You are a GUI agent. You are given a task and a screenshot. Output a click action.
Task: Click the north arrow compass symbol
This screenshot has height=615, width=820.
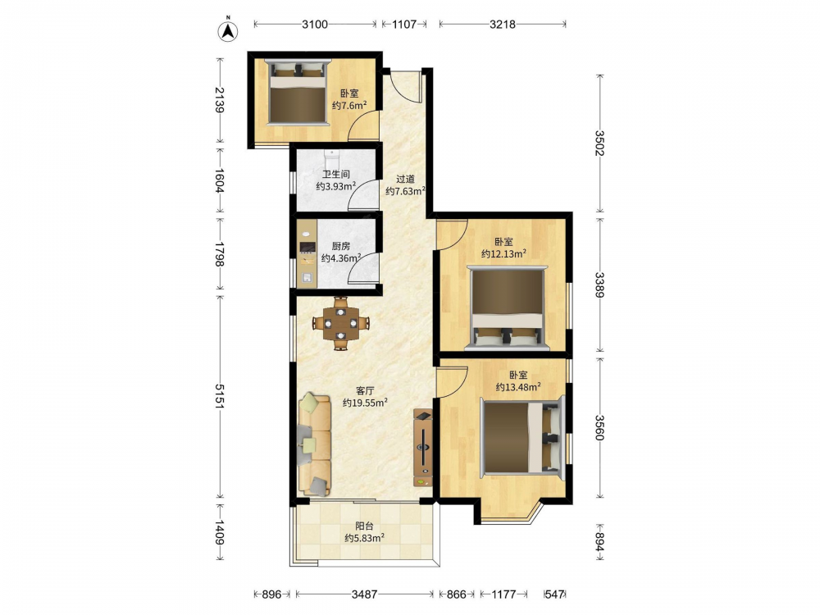(x=227, y=30)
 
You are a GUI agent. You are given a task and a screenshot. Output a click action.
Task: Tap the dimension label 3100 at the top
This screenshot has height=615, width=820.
(x=315, y=24)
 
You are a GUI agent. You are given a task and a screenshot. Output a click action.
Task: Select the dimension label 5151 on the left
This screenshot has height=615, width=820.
(x=220, y=396)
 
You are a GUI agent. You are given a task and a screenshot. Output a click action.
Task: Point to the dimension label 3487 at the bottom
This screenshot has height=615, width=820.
(x=365, y=594)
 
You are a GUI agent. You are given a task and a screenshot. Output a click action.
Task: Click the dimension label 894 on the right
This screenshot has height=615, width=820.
(x=599, y=542)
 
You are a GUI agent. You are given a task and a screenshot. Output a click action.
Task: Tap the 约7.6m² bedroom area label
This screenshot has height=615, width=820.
(x=349, y=106)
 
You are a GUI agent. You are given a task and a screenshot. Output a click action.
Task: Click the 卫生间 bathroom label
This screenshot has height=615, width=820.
(x=335, y=174)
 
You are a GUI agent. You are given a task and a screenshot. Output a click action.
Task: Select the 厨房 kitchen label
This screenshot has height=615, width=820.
(x=341, y=246)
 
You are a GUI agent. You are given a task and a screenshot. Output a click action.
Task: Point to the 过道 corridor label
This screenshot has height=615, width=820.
(x=405, y=179)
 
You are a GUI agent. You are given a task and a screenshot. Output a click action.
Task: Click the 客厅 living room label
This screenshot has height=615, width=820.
(x=365, y=390)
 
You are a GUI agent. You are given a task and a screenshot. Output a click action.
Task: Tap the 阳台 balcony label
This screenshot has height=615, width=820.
(x=365, y=526)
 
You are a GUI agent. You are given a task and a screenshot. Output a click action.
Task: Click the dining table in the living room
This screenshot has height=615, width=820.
(x=340, y=323)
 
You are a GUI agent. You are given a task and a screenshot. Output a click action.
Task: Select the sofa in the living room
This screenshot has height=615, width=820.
(x=316, y=445)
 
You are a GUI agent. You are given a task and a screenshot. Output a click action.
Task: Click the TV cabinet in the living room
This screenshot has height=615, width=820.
(x=423, y=449)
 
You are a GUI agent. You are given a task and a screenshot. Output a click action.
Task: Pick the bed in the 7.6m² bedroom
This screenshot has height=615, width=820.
(x=297, y=92)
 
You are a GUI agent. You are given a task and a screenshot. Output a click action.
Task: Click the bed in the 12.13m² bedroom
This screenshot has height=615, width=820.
(x=508, y=307)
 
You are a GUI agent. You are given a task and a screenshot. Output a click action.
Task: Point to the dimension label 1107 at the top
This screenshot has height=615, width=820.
(x=404, y=24)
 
